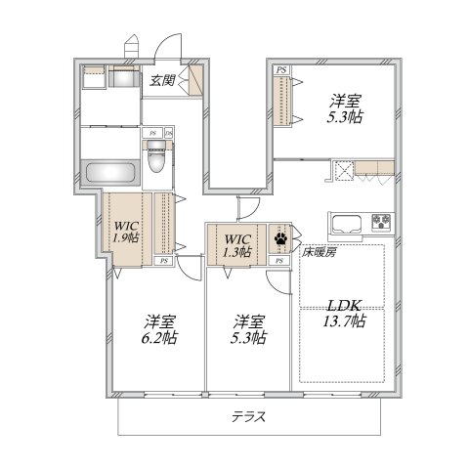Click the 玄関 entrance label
click(162, 81)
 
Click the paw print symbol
click(281, 236)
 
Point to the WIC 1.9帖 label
click(125, 229)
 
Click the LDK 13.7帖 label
click(343, 313)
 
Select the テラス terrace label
click(248, 416)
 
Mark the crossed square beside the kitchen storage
click(344, 172)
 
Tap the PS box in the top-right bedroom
click(281, 71)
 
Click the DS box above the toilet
click(168, 132)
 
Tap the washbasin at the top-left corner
click(93, 71)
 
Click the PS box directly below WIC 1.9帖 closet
click(163, 262)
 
